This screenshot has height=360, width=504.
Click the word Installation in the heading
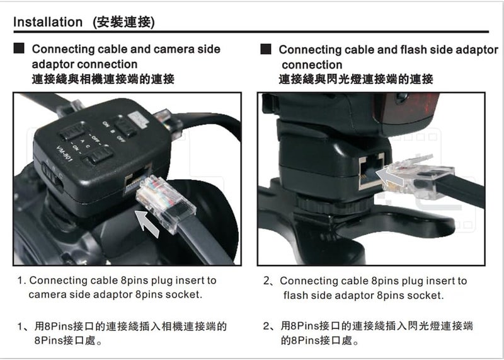click(x=48, y=22)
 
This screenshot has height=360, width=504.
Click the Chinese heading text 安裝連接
click(x=123, y=22)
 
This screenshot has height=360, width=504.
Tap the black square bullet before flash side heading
click(x=266, y=49)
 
